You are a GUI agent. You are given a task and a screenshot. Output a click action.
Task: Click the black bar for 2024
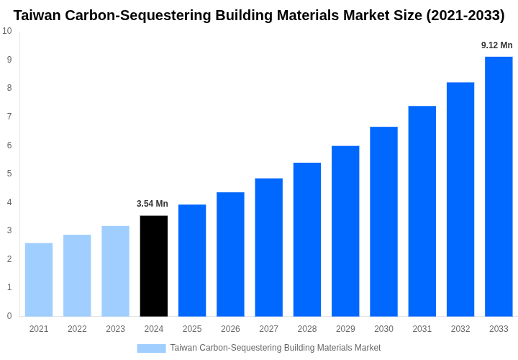coord(154,266)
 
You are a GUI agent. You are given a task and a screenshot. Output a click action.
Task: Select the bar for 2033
coord(499,186)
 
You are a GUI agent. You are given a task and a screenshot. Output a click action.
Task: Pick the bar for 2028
coord(307,239)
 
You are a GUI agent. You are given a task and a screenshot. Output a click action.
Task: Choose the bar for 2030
coord(383,221)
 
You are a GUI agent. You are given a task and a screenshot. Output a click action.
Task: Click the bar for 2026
coord(230,254)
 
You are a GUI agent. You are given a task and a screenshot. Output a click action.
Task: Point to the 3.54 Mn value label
coord(153,204)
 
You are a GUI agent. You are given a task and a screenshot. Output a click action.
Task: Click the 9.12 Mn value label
coord(497,45)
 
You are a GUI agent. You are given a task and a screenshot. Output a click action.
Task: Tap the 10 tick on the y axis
coord(7,31)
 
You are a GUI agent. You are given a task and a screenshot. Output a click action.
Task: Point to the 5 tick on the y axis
coord(9,174)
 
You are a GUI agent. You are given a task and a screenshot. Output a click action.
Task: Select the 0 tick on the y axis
coord(9,316)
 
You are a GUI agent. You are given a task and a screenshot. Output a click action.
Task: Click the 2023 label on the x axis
coord(115,329)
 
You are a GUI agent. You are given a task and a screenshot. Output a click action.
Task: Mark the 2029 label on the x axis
coord(345,329)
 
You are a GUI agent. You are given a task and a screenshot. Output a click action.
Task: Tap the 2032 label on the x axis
coord(460,329)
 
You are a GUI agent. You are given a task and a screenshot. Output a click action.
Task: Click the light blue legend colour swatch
coord(151,348)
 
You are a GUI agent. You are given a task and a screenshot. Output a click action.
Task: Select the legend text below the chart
coord(276,348)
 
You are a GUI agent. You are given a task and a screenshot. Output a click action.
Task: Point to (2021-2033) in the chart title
coord(465,15)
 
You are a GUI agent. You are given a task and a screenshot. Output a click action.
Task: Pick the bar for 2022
coord(77,275)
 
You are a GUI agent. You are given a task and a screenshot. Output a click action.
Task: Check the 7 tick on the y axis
coord(9,117)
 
